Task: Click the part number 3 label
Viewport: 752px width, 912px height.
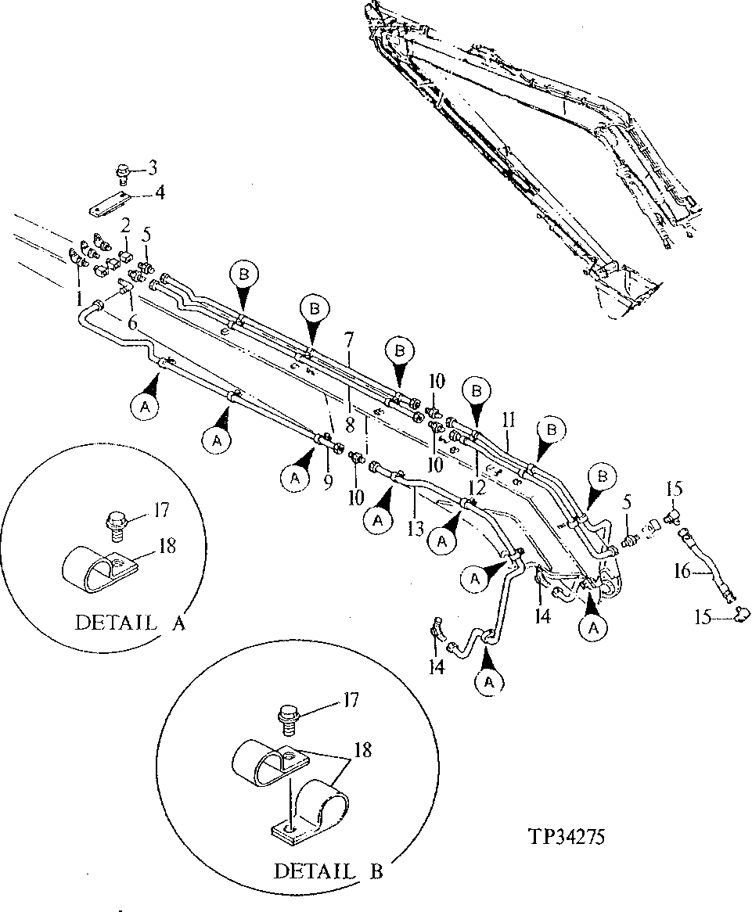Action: [153, 167]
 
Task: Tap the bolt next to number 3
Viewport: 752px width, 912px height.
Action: [123, 171]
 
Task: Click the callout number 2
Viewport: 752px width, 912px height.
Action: [124, 227]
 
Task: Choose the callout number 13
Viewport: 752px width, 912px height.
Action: [416, 530]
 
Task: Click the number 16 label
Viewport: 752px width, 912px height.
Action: [682, 571]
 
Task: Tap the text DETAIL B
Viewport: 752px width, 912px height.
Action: [328, 871]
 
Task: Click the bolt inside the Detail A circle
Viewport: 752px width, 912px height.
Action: [115, 522]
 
